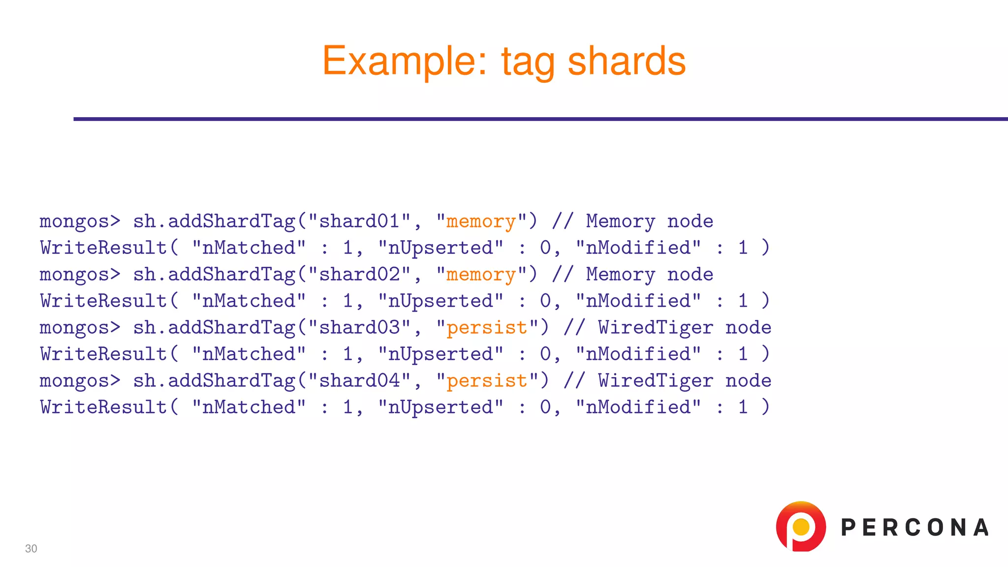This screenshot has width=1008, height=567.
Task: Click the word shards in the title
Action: coord(627,61)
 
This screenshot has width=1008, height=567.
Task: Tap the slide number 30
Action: coord(31,549)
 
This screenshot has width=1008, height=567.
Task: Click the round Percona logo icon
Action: coord(801,527)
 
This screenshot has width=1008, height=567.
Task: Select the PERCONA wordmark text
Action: coord(915,528)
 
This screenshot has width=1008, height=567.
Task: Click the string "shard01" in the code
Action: coord(360,221)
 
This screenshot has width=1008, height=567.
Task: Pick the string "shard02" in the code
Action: coord(360,275)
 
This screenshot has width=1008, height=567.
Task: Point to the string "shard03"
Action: coord(360,328)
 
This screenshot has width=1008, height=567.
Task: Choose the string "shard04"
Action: coord(360,381)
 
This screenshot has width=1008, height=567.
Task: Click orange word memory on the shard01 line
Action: coord(481,222)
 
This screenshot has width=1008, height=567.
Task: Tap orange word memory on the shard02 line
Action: coord(481,275)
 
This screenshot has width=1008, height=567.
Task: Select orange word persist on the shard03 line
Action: coord(487,328)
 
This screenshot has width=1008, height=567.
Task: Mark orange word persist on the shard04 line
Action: coord(487,381)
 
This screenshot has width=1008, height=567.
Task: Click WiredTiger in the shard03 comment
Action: coord(656,328)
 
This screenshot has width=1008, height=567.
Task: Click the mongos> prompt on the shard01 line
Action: coord(80,222)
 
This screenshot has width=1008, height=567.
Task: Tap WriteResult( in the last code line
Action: coord(109,408)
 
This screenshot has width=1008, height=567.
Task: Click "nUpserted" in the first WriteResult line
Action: coord(441,248)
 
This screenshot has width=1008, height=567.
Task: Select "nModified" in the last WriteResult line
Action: coord(638,408)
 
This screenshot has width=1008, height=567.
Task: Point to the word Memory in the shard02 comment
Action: coord(620,275)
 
